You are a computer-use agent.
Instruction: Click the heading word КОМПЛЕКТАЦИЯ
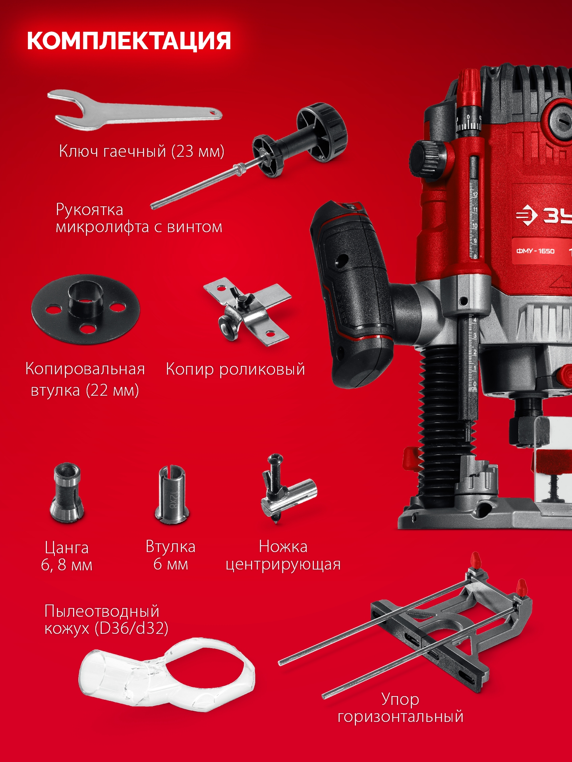pos(129,41)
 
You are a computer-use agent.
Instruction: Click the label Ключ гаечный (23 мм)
pos(141,151)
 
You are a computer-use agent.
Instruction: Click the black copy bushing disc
pos(85,310)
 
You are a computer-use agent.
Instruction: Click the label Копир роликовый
pos(235,369)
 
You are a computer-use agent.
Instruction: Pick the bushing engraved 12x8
pos(172,494)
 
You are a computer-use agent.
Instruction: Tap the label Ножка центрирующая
pos(283,555)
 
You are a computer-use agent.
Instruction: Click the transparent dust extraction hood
pos(167,675)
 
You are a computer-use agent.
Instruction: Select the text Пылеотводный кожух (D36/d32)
pos(106,620)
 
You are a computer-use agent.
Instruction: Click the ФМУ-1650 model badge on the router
pos(535,251)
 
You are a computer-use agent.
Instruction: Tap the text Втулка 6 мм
pos(170,555)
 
